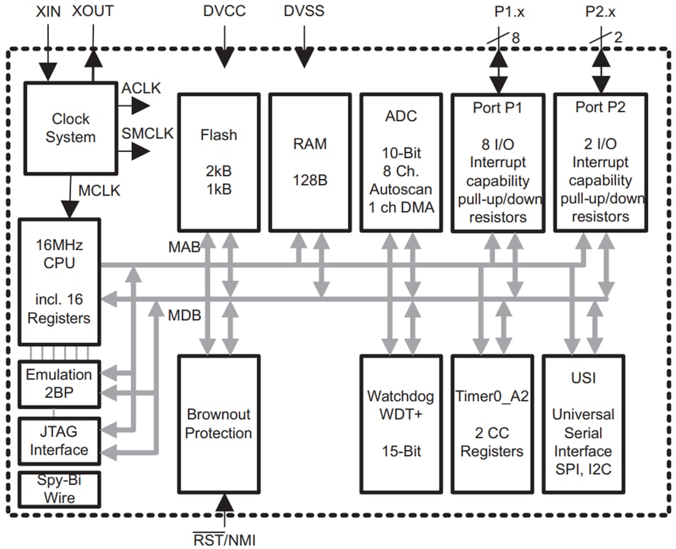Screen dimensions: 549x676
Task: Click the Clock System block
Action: [70, 128]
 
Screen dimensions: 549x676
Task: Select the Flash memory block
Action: [218, 161]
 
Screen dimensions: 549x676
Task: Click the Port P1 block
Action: [498, 162]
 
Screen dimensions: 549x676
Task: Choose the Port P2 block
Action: [600, 162]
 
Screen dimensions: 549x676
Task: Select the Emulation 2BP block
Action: [59, 384]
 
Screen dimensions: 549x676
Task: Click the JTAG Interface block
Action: [59, 440]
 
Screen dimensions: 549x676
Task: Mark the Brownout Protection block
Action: [218, 424]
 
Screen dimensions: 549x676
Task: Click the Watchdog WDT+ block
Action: [400, 424]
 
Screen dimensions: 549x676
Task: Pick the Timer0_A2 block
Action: [492, 424]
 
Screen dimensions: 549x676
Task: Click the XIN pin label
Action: [48, 12]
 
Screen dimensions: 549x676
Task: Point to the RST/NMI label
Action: [224, 540]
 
